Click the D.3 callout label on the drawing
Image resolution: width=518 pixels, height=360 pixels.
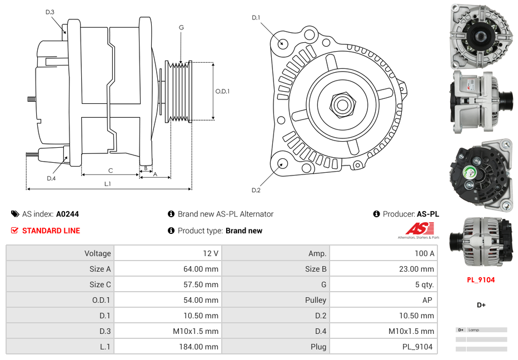coord(50,12)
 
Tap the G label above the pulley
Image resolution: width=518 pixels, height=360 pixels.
coord(181,27)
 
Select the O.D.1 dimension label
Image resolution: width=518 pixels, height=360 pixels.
coord(222,92)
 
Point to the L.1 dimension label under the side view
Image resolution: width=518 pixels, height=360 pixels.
coord(108,183)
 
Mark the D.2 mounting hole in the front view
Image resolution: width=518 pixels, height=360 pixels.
coord(282,163)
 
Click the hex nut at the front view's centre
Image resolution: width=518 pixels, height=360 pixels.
coord(341,104)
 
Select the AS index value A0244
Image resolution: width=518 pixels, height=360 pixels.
coord(67,214)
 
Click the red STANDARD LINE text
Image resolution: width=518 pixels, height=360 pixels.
coord(51,231)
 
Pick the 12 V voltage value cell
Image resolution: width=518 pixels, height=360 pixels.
coord(211,253)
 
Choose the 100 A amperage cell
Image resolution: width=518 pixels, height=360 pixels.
coord(425,253)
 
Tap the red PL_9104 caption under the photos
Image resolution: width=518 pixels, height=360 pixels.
coord(481,280)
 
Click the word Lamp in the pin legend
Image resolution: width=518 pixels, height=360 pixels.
coord(474,330)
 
